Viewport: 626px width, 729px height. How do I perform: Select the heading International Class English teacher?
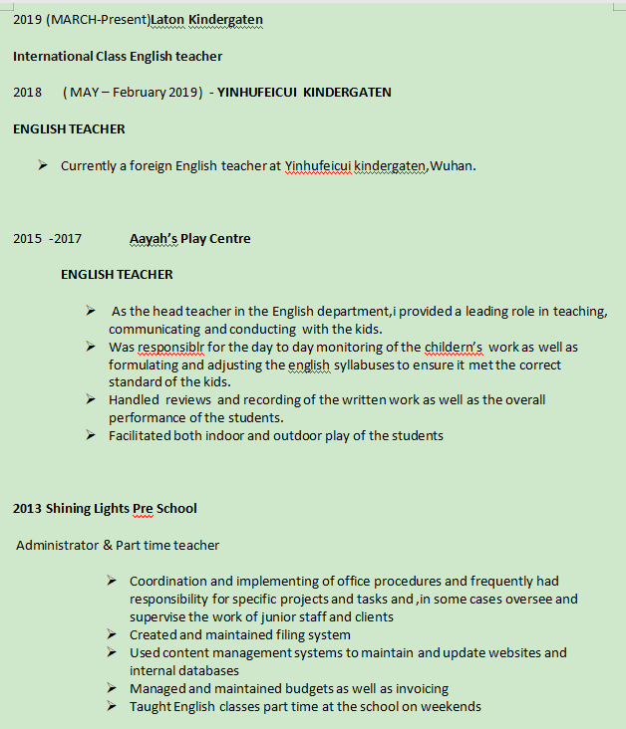118,56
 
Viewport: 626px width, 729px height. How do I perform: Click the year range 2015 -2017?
47,238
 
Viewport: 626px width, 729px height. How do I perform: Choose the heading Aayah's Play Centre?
189,238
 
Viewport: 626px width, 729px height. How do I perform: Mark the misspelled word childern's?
454,347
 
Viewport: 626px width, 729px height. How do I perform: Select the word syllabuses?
363,364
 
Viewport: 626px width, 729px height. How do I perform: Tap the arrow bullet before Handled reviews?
91,398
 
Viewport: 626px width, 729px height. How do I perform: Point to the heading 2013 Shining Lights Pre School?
105,508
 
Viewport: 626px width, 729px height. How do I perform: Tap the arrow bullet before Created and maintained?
112,633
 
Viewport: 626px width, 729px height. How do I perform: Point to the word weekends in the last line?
451,706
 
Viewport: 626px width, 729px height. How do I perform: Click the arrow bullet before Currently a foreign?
44,164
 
